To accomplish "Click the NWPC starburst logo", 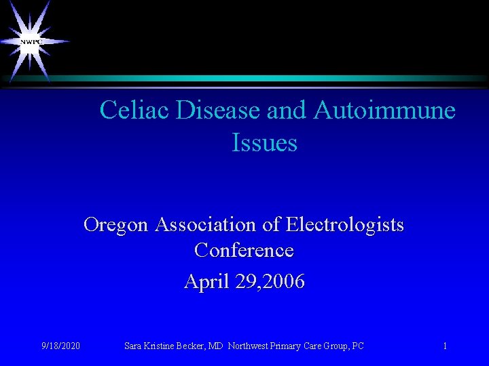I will tap(31, 41).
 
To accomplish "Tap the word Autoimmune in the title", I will tap(384, 110).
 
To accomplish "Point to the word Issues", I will tap(264, 142).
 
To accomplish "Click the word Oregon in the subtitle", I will tap(116, 224).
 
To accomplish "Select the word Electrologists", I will tap(345, 224).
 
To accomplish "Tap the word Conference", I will tap(244, 250).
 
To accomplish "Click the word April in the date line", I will tap(206, 281).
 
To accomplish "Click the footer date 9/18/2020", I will tap(60, 346).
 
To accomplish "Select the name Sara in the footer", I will tap(134, 346).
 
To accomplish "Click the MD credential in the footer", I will tap(216, 346).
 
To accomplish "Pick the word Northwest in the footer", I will tap(249, 346).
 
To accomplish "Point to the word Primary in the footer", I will tap(289, 346).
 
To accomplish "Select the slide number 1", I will tap(445, 346).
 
